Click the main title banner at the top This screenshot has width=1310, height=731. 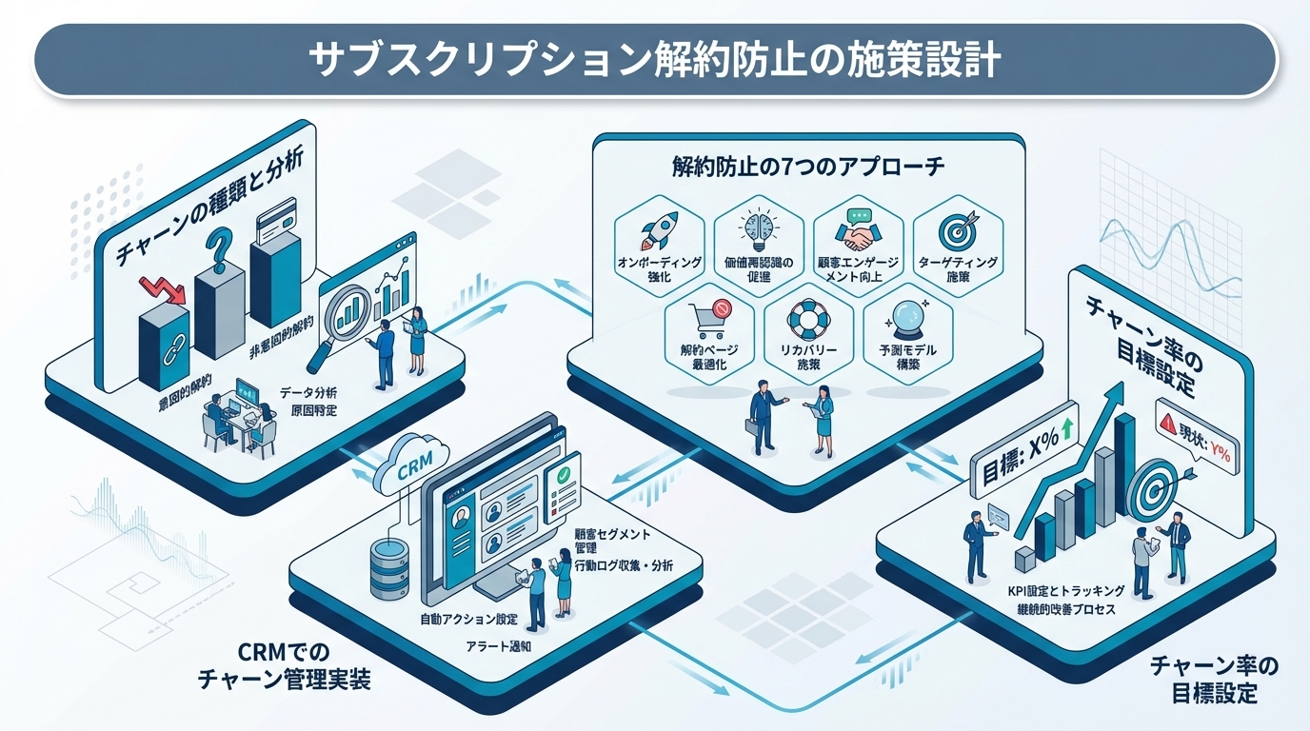click(x=655, y=59)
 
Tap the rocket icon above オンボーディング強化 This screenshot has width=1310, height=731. click(x=659, y=229)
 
